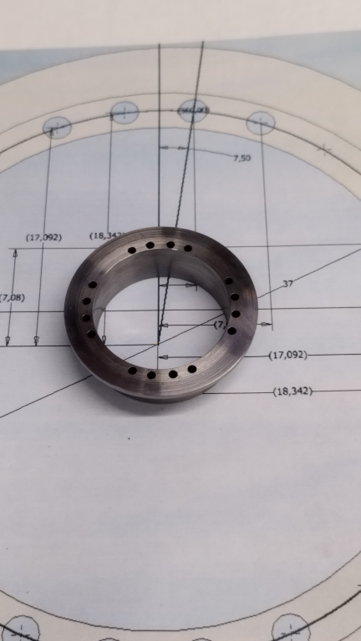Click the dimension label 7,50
click(242, 157)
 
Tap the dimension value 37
click(287, 285)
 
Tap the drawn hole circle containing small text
click(193, 110)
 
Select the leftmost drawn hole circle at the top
click(57, 127)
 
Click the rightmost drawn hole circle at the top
click(261, 124)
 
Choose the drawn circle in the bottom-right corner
click(291, 628)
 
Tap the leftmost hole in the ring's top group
click(131, 250)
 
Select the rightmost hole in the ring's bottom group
click(192, 369)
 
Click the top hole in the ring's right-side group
click(228, 281)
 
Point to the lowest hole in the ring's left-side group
click(91, 334)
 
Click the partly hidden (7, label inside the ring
click(219, 324)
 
